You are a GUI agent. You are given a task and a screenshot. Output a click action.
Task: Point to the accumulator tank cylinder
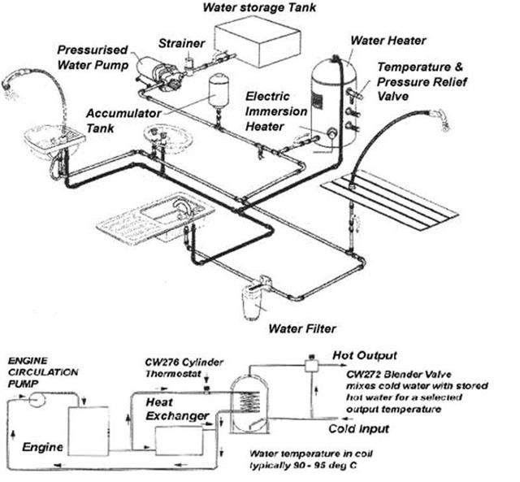tap(217, 90)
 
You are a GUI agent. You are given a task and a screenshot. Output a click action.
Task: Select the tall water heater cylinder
tap(332, 106)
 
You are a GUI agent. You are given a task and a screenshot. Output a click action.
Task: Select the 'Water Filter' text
tap(302, 329)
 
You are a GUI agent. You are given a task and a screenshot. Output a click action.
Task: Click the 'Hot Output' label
tap(366, 355)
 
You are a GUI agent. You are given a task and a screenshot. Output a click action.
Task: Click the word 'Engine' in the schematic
tap(38, 447)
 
